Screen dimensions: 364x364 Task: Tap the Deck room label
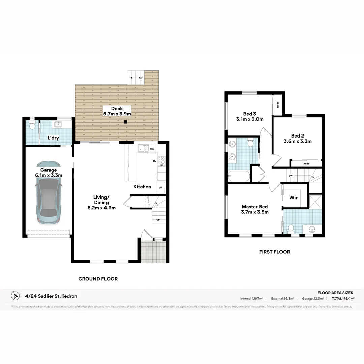click(117, 109)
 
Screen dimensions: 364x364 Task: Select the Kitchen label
click(142, 187)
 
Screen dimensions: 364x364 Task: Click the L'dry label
click(53, 138)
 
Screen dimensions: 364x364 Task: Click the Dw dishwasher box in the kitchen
click(152, 149)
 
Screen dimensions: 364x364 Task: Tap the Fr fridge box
click(160, 187)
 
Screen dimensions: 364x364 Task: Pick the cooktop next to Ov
click(162, 162)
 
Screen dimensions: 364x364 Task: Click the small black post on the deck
click(125, 122)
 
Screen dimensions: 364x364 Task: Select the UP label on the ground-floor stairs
click(158, 220)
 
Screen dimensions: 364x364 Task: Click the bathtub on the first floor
click(239, 176)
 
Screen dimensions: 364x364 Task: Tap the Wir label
click(293, 198)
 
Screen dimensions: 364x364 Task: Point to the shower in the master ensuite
click(315, 202)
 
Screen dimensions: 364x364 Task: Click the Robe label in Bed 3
click(277, 104)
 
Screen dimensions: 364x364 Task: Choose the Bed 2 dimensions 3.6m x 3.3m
click(297, 141)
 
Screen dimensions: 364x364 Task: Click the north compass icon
click(15, 296)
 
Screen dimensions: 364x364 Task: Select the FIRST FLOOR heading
click(274, 252)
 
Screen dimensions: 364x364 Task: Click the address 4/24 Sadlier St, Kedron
click(51, 296)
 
